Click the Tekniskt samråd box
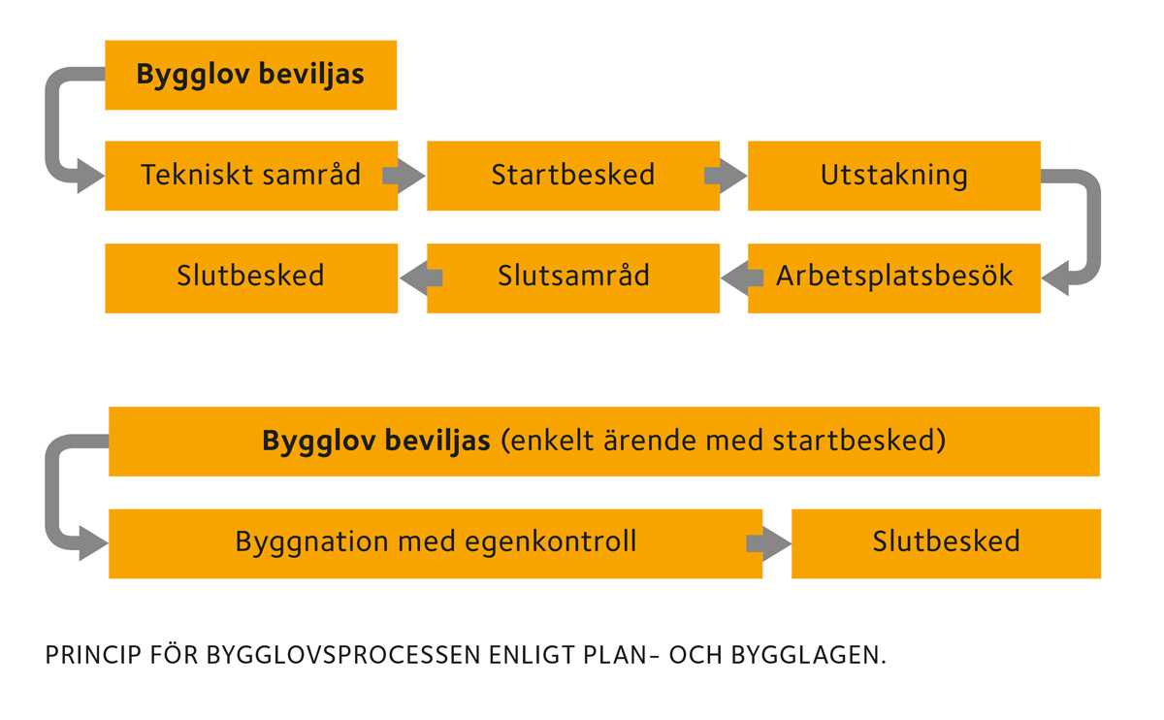[x=251, y=176]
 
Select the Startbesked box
[x=573, y=176]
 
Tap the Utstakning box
[x=894, y=176]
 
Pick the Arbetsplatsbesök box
[x=894, y=278]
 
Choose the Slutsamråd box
[x=573, y=278]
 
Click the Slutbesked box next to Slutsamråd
[x=251, y=278]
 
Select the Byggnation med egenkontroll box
[x=436, y=543]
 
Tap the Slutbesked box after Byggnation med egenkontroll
[x=947, y=543]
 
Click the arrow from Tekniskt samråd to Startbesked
[x=404, y=176]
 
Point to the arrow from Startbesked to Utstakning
[x=726, y=176]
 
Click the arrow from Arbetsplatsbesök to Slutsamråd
[x=742, y=278]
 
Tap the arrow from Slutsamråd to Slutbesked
[x=421, y=278]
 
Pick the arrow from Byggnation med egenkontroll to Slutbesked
[x=768, y=543]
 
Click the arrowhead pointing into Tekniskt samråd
[x=89, y=176]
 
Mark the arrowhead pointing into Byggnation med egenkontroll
[x=92, y=543]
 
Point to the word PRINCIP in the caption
[x=93, y=655]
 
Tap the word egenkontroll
[x=551, y=543]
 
